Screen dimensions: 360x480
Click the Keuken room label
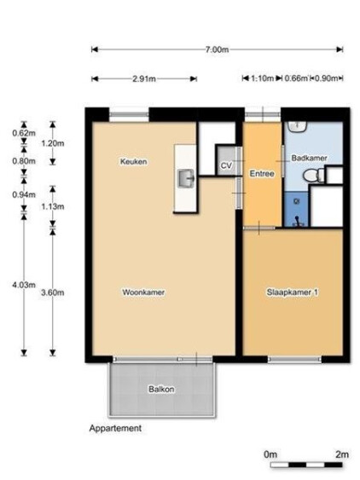tap(134, 161)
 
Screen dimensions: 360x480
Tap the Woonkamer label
tap(143, 292)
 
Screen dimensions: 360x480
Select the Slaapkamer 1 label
tap(293, 292)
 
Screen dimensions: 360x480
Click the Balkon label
tap(161, 389)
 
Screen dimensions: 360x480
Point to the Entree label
tap(262, 174)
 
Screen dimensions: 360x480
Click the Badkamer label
tap(309, 158)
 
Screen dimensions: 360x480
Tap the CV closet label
tap(226, 165)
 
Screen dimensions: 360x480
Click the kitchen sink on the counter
tap(186, 178)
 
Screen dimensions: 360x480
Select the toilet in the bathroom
tap(313, 176)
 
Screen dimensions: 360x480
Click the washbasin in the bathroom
tap(296, 126)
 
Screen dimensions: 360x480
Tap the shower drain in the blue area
tap(296, 201)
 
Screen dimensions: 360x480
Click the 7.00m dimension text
tap(218, 49)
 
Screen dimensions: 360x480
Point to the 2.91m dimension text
tap(144, 79)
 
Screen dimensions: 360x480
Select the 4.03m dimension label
tap(24, 285)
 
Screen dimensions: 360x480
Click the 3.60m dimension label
tap(53, 292)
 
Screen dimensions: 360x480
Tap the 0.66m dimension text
tap(296, 78)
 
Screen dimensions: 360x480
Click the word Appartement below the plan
tap(115, 428)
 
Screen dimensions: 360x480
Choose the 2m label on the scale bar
tap(342, 454)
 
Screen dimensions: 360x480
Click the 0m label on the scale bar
tap(270, 454)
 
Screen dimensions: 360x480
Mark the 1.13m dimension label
tap(53, 206)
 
